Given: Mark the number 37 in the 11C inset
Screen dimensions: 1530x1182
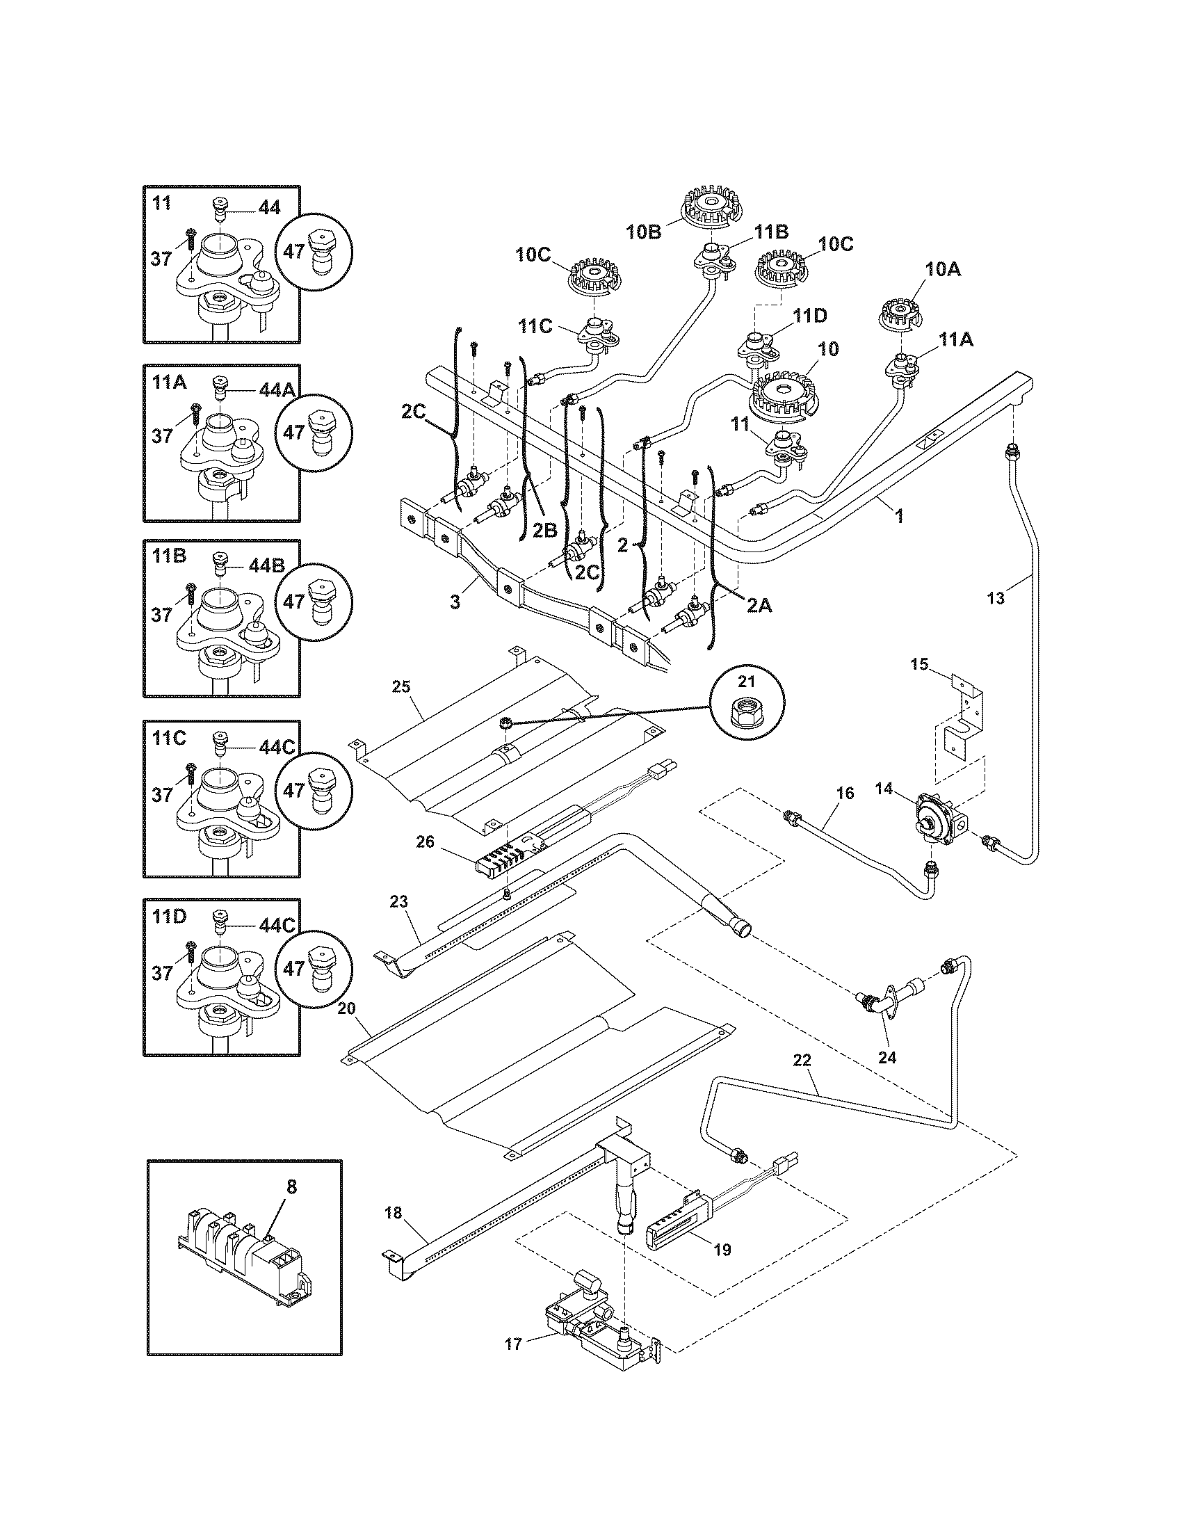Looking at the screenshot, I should [x=162, y=794].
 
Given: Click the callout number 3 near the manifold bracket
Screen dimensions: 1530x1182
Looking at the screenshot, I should [x=455, y=601].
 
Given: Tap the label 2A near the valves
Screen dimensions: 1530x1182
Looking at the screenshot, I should [x=758, y=606].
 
